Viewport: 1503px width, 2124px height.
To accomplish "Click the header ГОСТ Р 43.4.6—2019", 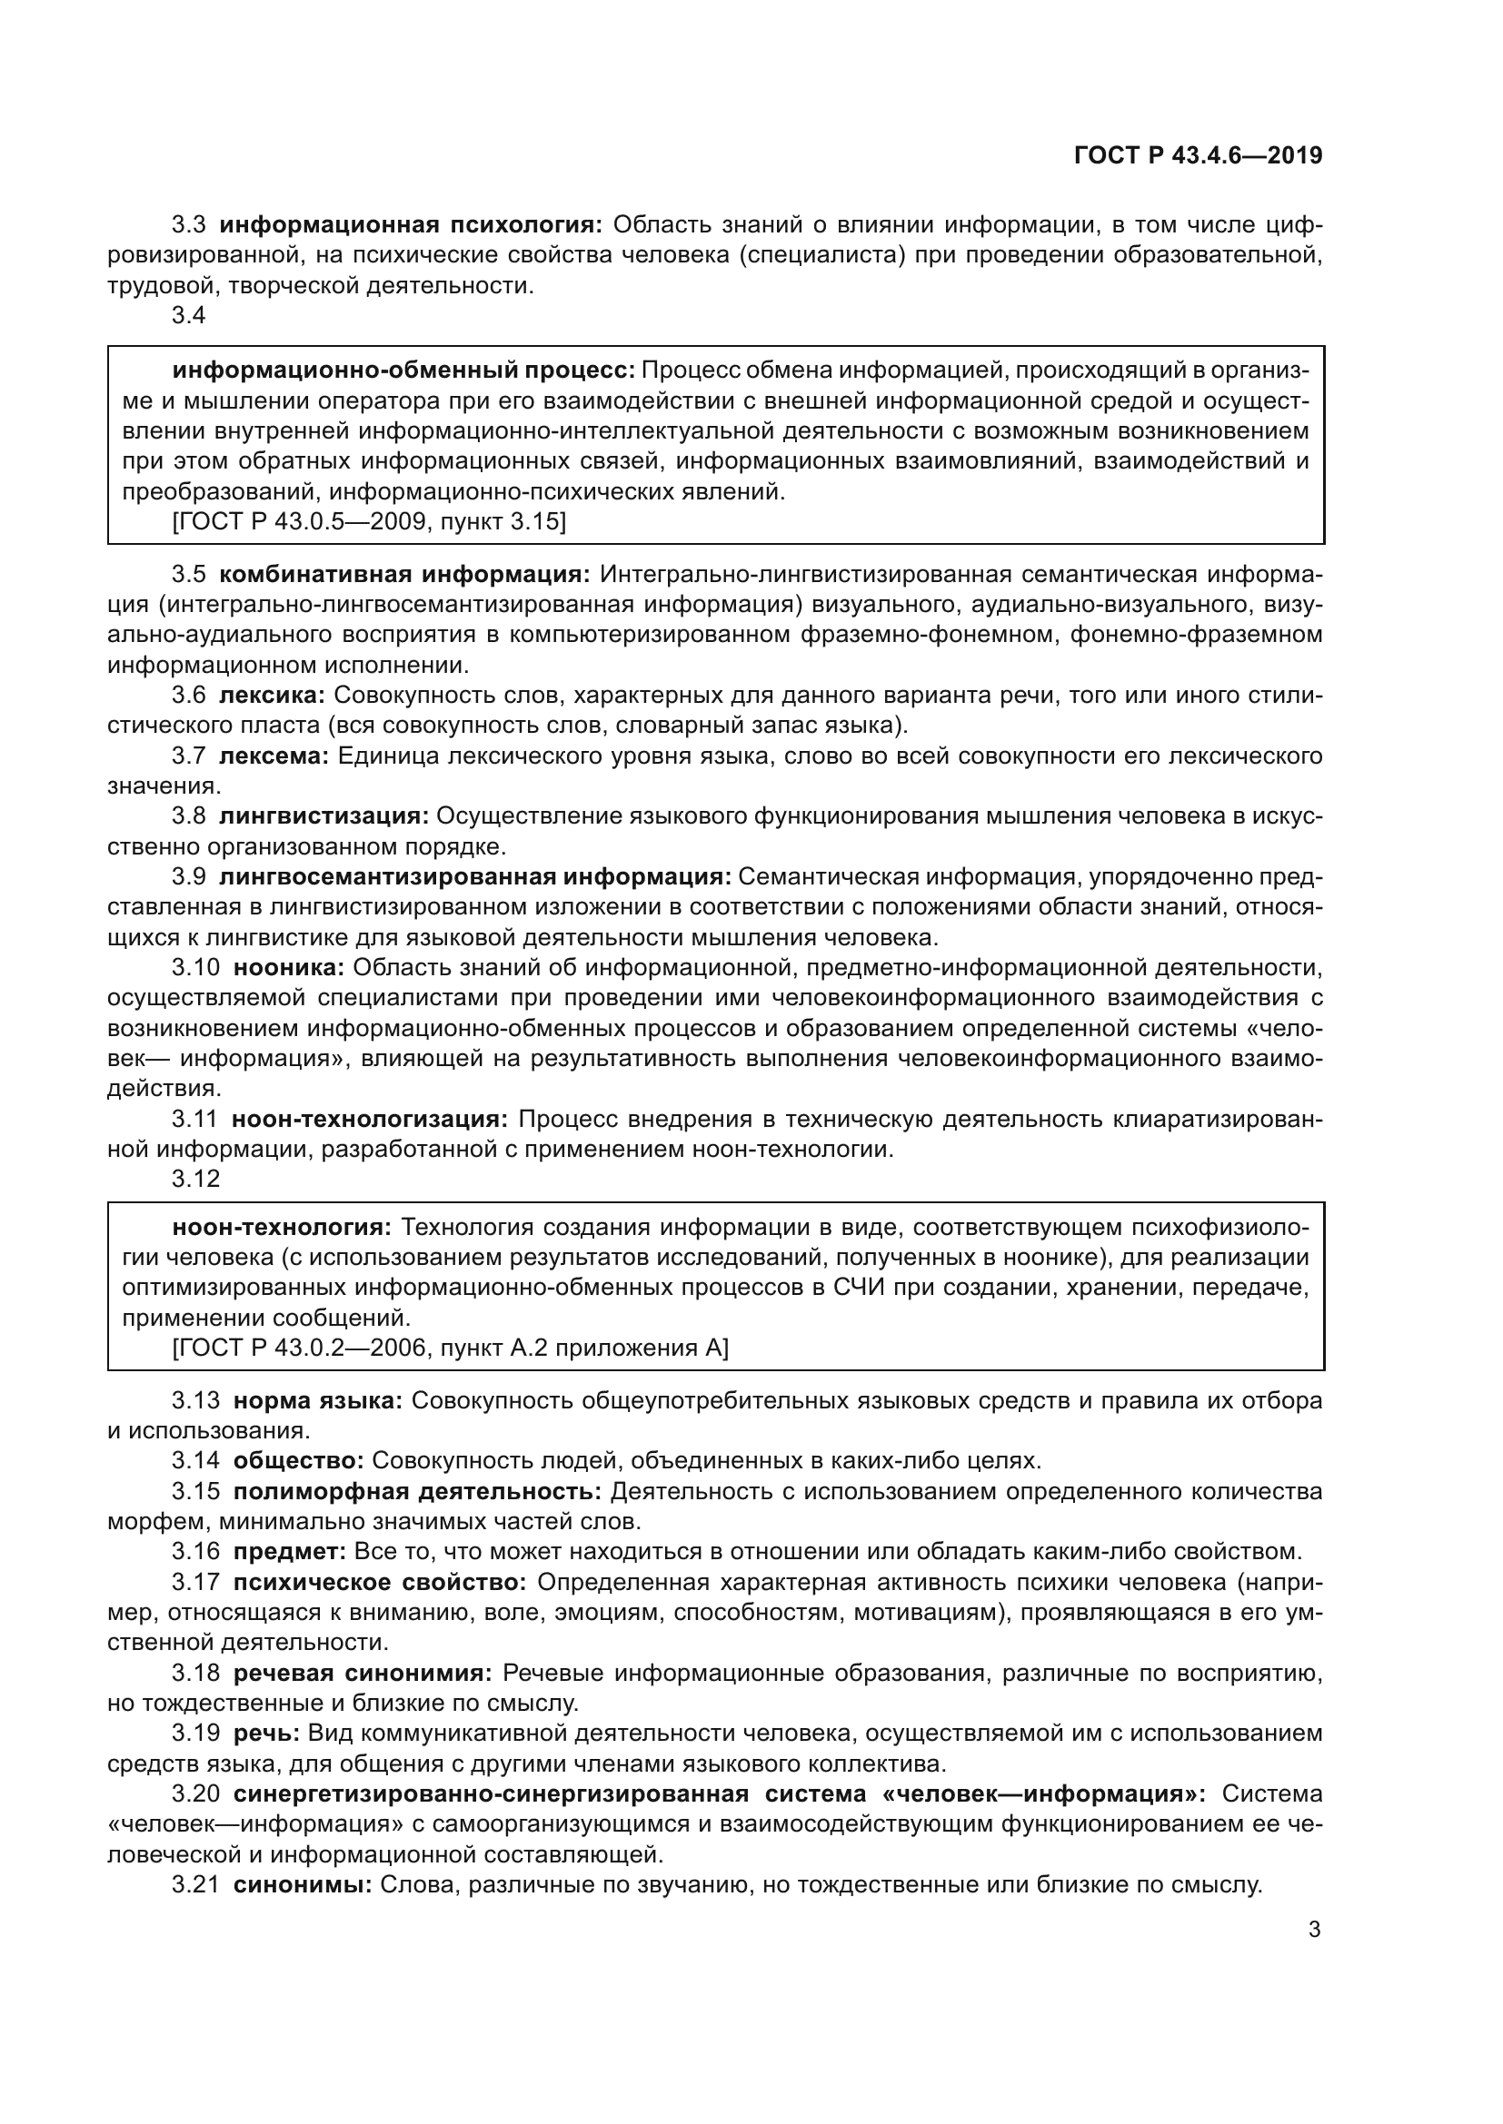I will tap(1198, 155).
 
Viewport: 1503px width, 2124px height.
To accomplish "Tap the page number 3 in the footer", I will tap(1314, 1930).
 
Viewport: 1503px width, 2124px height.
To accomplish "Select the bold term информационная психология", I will tap(411, 225).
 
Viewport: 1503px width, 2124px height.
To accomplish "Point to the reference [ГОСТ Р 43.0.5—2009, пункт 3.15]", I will tap(369, 522).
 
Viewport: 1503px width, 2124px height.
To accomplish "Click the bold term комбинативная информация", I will tap(404, 575).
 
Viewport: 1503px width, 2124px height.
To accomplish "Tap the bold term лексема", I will tap(274, 756).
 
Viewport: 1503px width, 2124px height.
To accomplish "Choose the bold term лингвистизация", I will tap(323, 816).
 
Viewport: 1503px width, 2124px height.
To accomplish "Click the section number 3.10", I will tap(195, 968).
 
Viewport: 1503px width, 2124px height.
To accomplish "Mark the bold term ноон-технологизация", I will tap(369, 1120).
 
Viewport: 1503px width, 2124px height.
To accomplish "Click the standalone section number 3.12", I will tap(195, 1179).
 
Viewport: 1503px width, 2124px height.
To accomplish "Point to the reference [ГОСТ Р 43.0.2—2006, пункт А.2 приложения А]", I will tap(451, 1348).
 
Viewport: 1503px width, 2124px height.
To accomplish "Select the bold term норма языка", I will tap(317, 1400).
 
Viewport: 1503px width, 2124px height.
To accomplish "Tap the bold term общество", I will tap(299, 1461).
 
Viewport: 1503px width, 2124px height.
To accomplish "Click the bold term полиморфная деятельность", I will tap(416, 1491).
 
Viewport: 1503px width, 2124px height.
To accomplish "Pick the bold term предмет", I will tap(290, 1551).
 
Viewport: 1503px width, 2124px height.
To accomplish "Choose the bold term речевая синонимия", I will tap(366, 1673).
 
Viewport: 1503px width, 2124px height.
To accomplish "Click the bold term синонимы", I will tap(302, 1884).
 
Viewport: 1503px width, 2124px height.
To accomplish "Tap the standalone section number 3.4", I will tap(189, 315).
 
